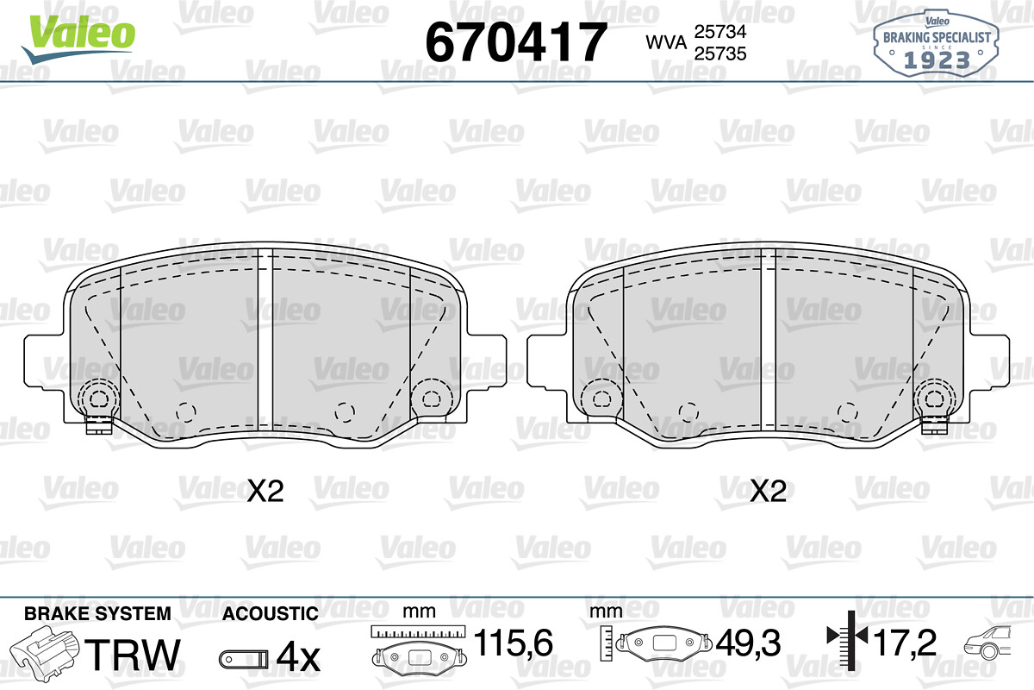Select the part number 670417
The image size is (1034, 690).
tap(516, 42)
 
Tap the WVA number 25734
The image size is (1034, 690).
tap(720, 32)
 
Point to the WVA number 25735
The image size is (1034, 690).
tap(720, 53)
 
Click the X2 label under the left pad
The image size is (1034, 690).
tap(265, 491)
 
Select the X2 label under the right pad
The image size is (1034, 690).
tap(768, 491)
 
